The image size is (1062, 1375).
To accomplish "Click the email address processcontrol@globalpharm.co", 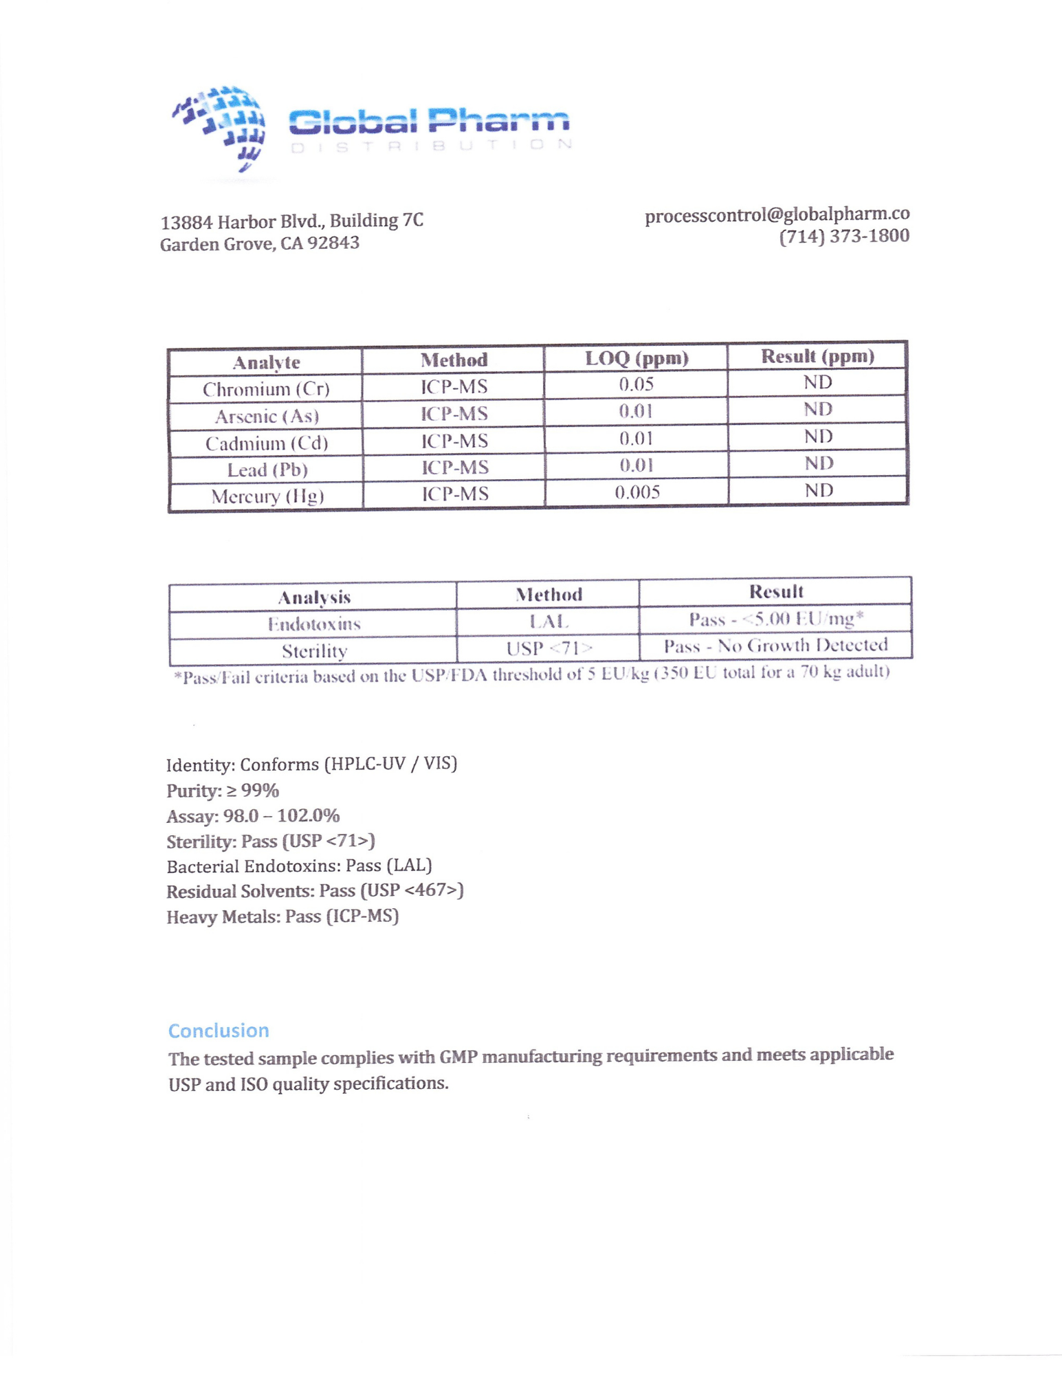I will pyautogui.click(x=777, y=215).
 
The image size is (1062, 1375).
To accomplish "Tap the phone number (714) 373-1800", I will pyautogui.click(x=844, y=236).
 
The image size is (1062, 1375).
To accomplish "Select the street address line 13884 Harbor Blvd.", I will pyautogui.click(x=291, y=221).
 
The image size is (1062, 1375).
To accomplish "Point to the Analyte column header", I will pyautogui.click(x=266, y=362).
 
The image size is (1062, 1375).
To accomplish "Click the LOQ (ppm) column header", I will pyautogui.click(x=637, y=358).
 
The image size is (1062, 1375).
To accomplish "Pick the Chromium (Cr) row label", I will pyautogui.click(x=266, y=389).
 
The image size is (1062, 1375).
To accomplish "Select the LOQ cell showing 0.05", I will pyautogui.click(x=636, y=384).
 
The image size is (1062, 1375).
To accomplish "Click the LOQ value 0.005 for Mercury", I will pyautogui.click(x=637, y=492).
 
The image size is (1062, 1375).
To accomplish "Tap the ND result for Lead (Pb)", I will pyautogui.click(x=819, y=463).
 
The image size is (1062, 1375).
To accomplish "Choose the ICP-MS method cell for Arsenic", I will pyautogui.click(x=454, y=414).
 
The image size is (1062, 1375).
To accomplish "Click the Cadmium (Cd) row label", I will pyautogui.click(x=267, y=443).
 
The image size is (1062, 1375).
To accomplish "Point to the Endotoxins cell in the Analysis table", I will pyautogui.click(x=313, y=624).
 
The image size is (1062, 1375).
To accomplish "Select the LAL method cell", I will pyautogui.click(x=549, y=621).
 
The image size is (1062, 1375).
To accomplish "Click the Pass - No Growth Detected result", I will pyautogui.click(x=775, y=646).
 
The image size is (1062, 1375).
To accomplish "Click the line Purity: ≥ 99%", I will pyautogui.click(x=223, y=791).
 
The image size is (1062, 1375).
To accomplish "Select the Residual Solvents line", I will pyautogui.click(x=315, y=891).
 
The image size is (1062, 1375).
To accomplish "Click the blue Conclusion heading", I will pyautogui.click(x=219, y=1031).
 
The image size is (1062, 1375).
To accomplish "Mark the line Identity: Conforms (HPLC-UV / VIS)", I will pyautogui.click(x=311, y=764).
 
